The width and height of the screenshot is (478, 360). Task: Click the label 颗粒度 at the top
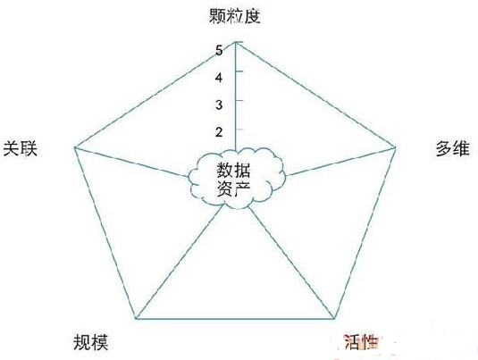(x=234, y=16)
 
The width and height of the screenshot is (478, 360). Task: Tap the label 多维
(x=453, y=149)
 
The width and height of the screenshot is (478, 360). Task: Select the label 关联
(x=21, y=149)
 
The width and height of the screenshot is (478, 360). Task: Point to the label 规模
(x=91, y=342)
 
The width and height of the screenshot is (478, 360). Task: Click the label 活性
(x=361, y=342)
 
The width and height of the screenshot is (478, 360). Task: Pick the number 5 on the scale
(x=219, y=50)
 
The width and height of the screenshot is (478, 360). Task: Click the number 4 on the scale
(x=219, y=78)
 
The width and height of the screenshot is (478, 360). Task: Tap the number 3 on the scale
(x=219, y=105)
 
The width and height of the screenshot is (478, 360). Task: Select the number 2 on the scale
(x=219, y=132)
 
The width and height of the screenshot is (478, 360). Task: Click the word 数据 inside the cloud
(x=233, y=170)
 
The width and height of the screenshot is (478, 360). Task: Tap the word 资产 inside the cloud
(x=233, y=189)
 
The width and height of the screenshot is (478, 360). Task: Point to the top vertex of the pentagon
(x=236, y=42)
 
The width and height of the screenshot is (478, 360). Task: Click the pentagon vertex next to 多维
(x=395, y=147)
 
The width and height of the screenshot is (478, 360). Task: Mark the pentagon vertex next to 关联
(x=75, y=147)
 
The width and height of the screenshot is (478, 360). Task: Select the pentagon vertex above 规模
(x=136, y=319)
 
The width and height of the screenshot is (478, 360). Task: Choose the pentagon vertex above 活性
(x=334, y=319)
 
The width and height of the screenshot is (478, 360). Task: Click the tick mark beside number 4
(x=239, y=71)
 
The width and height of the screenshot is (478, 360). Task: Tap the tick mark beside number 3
(x=239, y=100)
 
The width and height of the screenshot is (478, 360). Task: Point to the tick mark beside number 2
(x=239, y=129)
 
